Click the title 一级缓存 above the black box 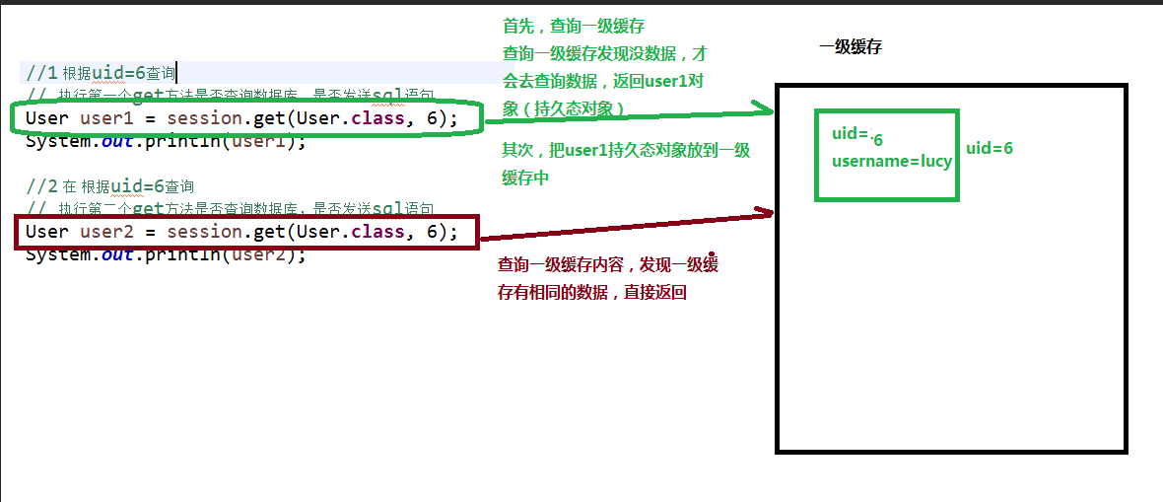click(x=849, y=47)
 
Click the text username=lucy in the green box click(x=892, y=161)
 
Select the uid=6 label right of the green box click(x=989, y=149)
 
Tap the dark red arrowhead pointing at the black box click(x=764, y=211)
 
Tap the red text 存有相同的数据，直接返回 click(x=592, y=292)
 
